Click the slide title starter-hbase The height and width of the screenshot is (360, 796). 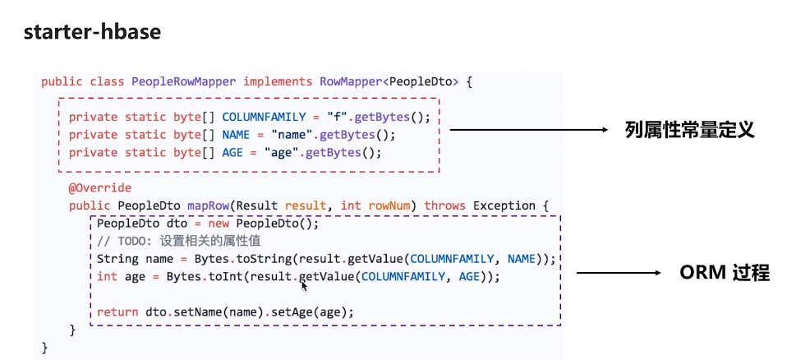pos(92,33)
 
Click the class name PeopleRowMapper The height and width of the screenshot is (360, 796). pos(183,81)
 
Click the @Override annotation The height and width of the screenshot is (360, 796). pos(99,188)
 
